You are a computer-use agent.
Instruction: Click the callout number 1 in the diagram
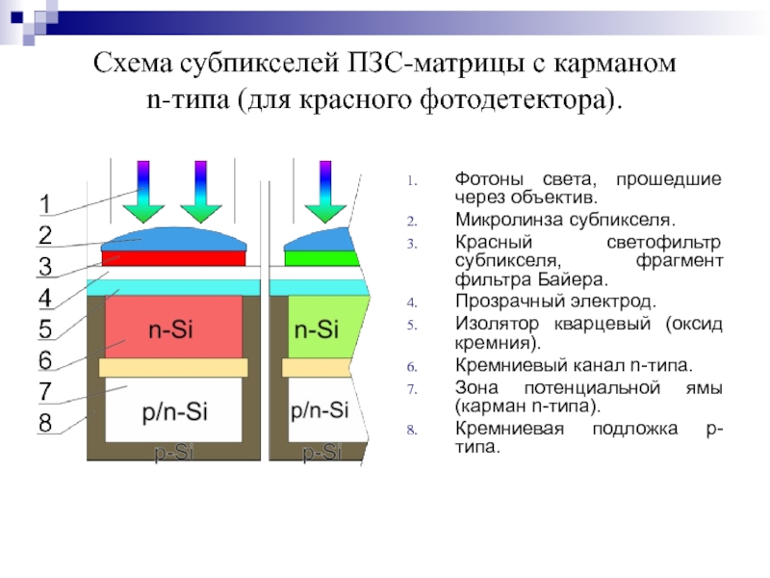tap(45, 203)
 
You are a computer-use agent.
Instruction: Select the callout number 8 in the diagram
tap(45, 423)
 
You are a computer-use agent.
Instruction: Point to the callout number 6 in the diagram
tap(45, 360)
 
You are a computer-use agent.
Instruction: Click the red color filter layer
tap(174, 258)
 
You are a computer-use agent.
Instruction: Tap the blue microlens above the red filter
tap(174, 238)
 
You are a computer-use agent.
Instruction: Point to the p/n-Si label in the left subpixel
tap(175, 411)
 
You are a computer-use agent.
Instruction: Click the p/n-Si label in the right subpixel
tap(319, 411)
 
